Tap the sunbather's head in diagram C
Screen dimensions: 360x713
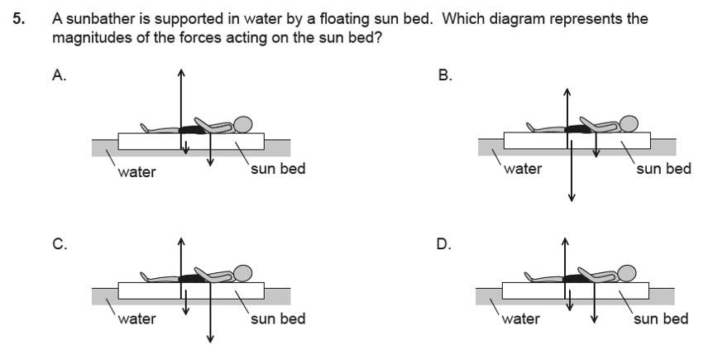tap(243, 274)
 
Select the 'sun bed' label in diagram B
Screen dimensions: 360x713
tap(663, 169)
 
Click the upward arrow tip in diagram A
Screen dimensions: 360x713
tap(181, 70)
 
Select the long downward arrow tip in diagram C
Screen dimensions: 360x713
tap(210, 339)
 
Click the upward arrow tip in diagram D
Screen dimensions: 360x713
tap(566, 239)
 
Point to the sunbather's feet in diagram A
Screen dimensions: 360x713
tap(145, 128)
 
